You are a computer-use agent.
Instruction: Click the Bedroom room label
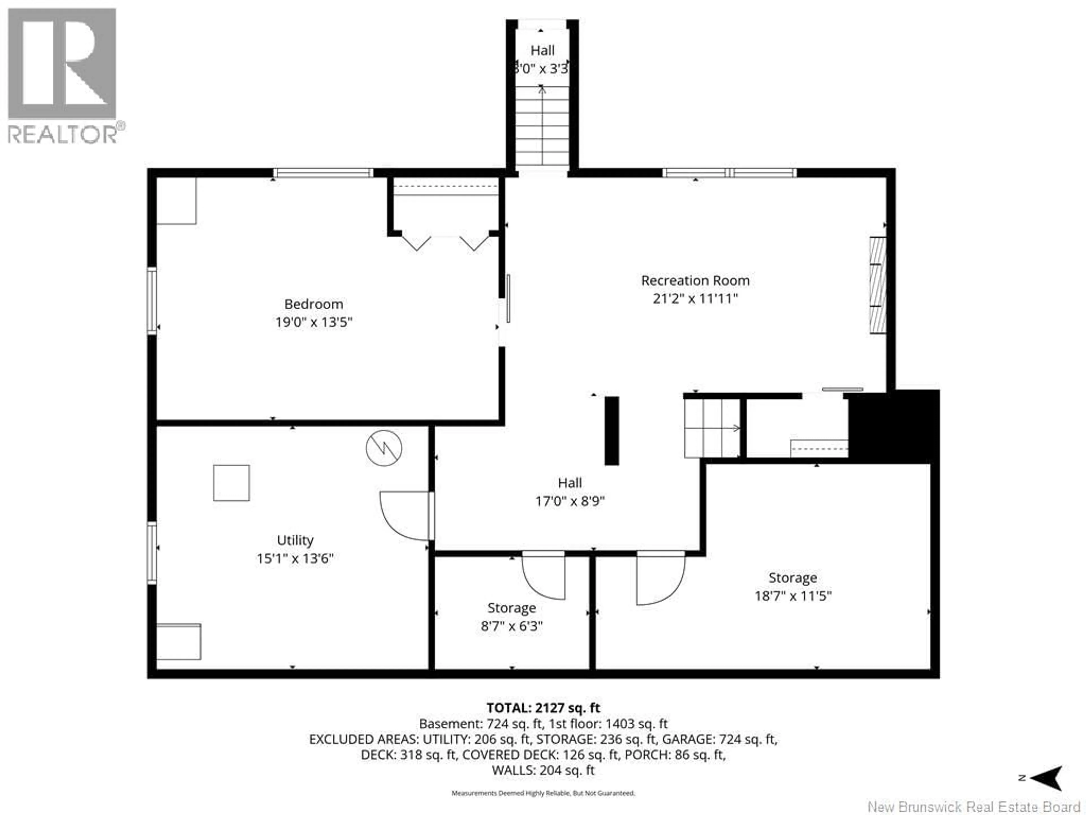pos(313,304)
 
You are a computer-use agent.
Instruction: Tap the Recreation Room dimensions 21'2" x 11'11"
pos(695,299)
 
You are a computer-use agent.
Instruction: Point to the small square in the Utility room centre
pos(231,483)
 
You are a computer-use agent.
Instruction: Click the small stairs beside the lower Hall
pos(712,428)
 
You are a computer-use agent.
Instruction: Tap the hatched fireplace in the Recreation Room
pos(878,286)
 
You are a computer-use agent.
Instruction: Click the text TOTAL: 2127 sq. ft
pos(543,708)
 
